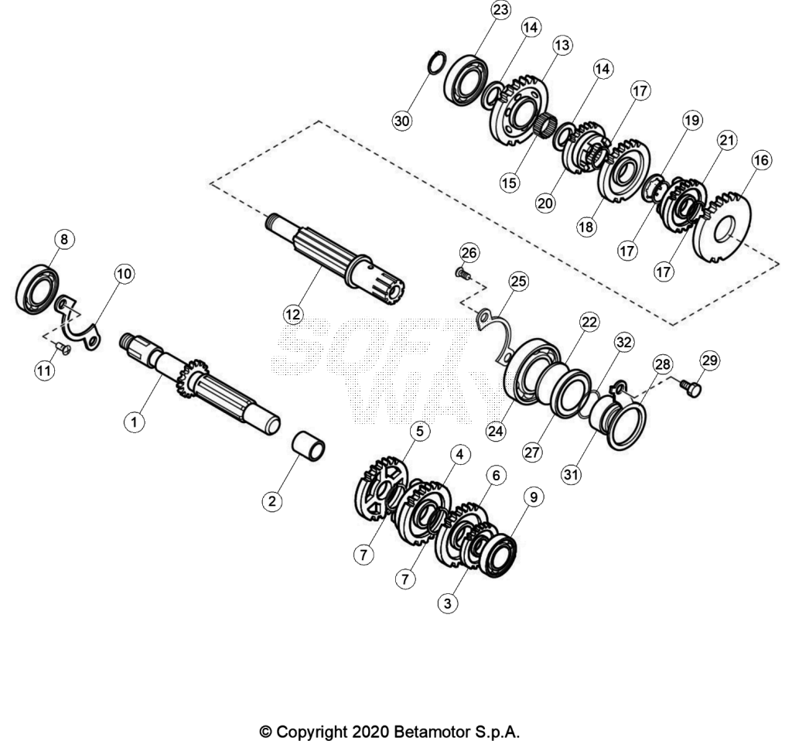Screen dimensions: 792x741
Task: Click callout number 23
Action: click(500, 10)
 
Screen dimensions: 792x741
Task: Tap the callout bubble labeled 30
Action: click(402, 121)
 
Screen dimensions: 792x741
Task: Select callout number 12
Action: click(293, 315)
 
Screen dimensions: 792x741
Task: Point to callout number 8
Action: click(63, 239)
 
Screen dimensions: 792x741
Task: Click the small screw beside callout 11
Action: click(63, 347)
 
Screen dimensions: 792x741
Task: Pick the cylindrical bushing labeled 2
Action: click(309, 446)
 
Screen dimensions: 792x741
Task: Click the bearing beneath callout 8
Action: click(37, 289)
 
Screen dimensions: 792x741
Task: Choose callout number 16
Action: click(761, 161)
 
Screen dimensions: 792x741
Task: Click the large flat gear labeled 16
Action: click(722, 227)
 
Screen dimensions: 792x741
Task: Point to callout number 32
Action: click(624, 343)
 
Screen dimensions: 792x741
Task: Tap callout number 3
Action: click(448, 603)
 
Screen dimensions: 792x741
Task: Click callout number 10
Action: click(125, 274)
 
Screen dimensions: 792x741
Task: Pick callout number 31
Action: click(572, 475)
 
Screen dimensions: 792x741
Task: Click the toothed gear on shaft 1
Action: click(192, 377)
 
